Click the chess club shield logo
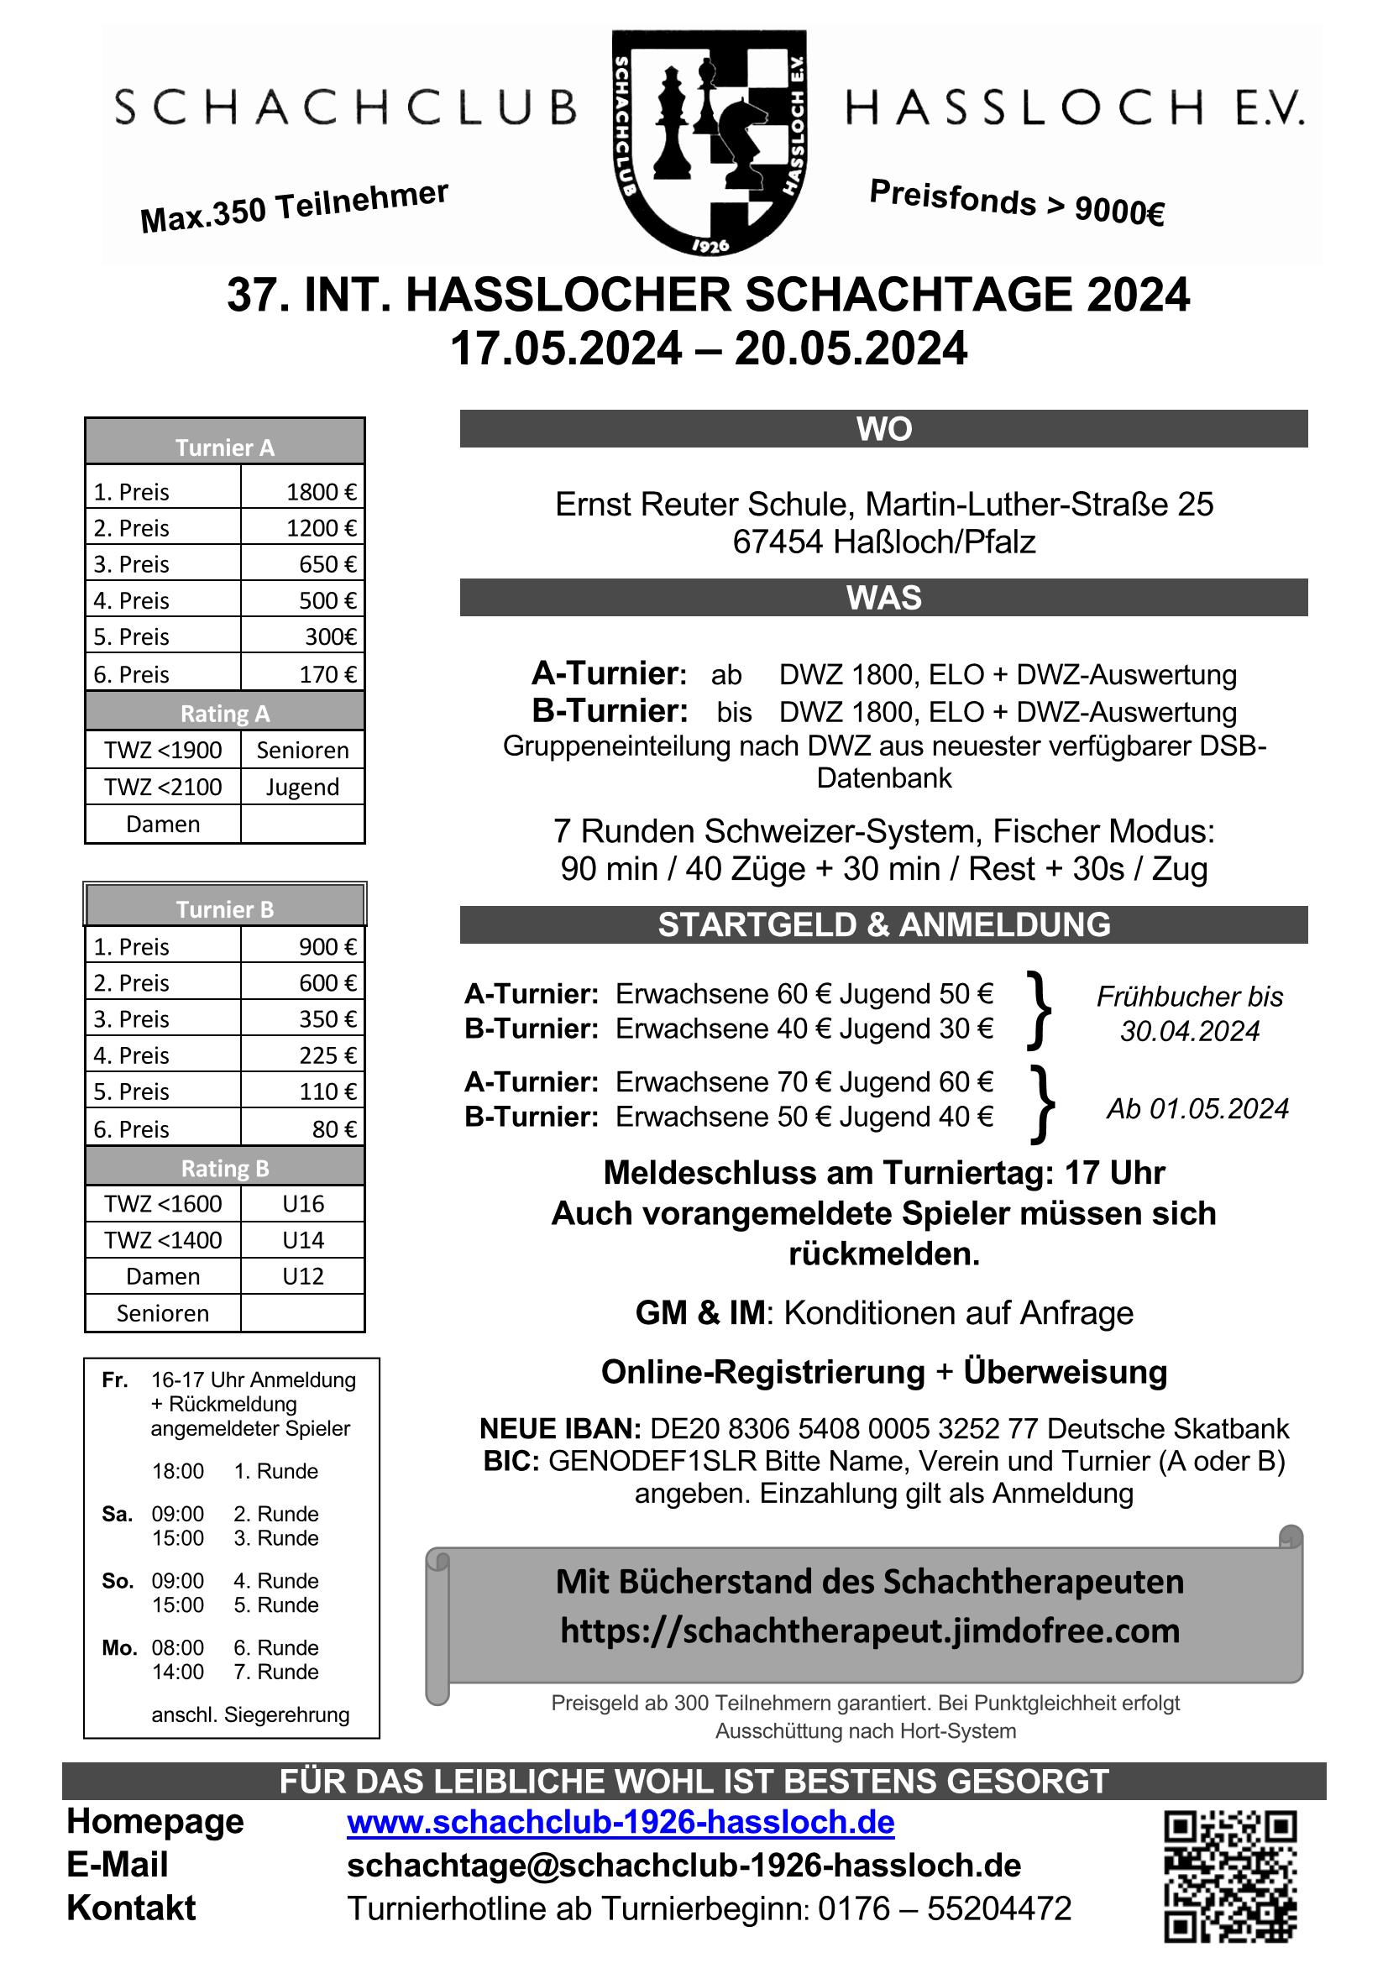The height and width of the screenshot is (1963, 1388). tap(709, 142)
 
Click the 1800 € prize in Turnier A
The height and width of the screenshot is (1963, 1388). tap(321, 492)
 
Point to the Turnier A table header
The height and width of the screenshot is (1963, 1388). tap(225, 448)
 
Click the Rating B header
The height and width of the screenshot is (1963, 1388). tap(225, 1167)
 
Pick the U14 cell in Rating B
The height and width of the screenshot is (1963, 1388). tap(303, 1240)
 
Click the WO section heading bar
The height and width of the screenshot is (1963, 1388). tap(883, 429)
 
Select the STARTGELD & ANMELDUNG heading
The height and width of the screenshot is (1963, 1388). tap(883, 925)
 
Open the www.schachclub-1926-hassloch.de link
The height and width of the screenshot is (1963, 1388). tap(620, 1823)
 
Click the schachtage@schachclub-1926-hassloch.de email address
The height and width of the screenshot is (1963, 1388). tap(684, 1866)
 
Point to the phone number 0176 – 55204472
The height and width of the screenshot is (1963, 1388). tap(944, 1908)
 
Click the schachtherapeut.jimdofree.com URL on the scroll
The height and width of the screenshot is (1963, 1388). tap(870, 1631)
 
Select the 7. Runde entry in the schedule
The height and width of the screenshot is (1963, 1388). tap(275, 1672)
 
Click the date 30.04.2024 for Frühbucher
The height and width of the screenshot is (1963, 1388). tap(1190, 1031)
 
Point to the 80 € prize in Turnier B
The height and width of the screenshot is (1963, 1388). tap(333, 1129)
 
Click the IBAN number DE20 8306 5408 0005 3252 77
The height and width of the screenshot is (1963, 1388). tap(844, 1429)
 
